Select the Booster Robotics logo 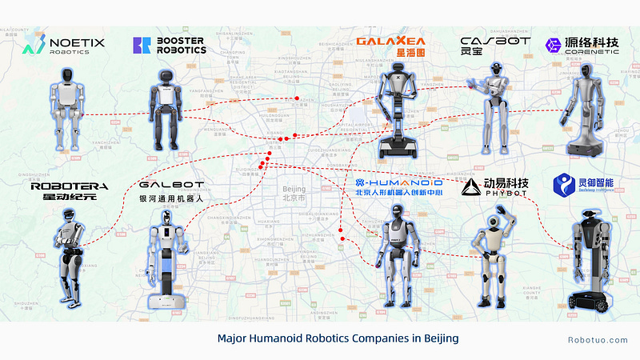click(x=169, y=45)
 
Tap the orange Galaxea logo click(x=390, y=46)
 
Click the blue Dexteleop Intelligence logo click(x=585, y=186)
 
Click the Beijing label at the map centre click(x=289, y=193)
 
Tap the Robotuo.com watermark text click(x=598, y=339)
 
